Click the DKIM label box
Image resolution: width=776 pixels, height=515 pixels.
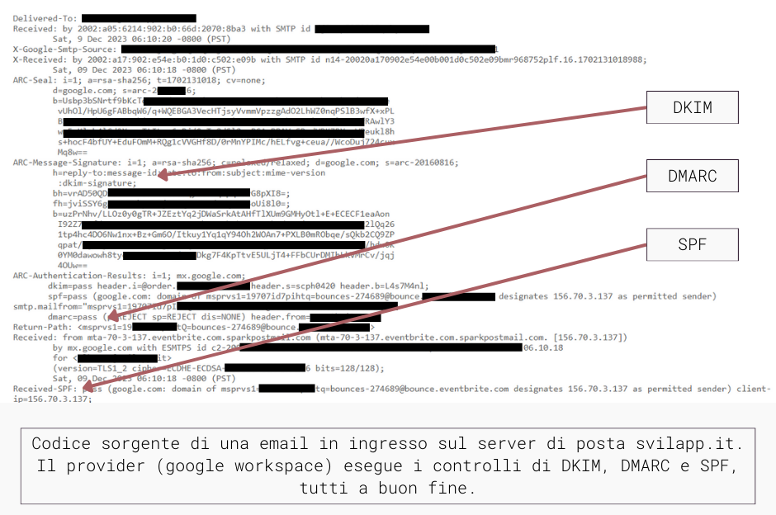pos(692,108)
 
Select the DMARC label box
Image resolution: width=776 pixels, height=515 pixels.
pos(692,176)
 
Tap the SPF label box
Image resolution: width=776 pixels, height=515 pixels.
pos(692,243)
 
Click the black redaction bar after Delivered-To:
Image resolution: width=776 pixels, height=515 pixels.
pos(139,17)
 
